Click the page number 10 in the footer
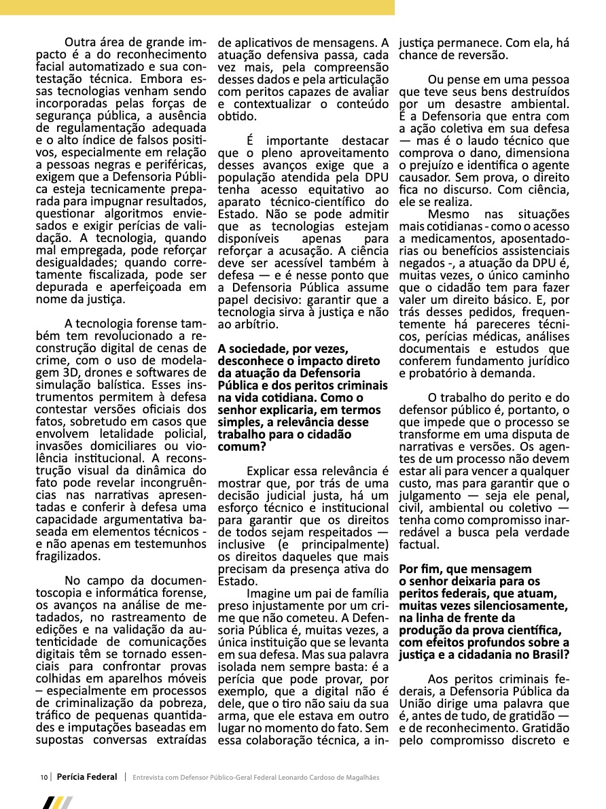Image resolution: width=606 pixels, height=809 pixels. pos(43,777)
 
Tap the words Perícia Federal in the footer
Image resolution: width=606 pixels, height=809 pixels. pos(87,777)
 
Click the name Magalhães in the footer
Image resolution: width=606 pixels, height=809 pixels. pos(360,777)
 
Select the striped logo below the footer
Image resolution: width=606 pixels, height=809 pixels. pos(57,802)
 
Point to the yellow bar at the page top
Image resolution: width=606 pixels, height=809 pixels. pos(197,7)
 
